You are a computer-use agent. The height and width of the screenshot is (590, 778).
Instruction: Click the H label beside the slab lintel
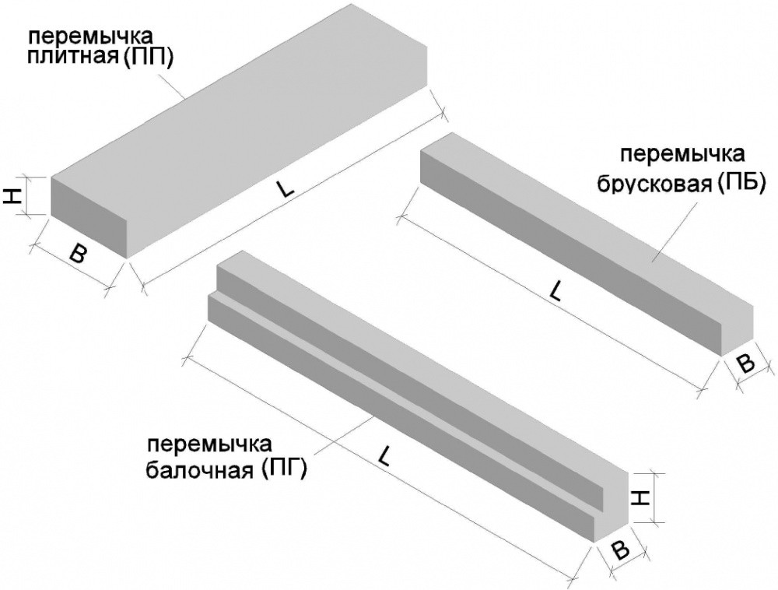coord(14,196)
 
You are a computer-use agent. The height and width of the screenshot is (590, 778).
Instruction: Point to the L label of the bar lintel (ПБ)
coord(556,293)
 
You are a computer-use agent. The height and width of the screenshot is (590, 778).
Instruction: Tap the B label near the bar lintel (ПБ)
coord(745,363)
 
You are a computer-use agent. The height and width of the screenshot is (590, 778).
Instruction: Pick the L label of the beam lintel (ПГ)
coord(383,456)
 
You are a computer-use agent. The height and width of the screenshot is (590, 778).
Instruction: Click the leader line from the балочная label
coord(344,434)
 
